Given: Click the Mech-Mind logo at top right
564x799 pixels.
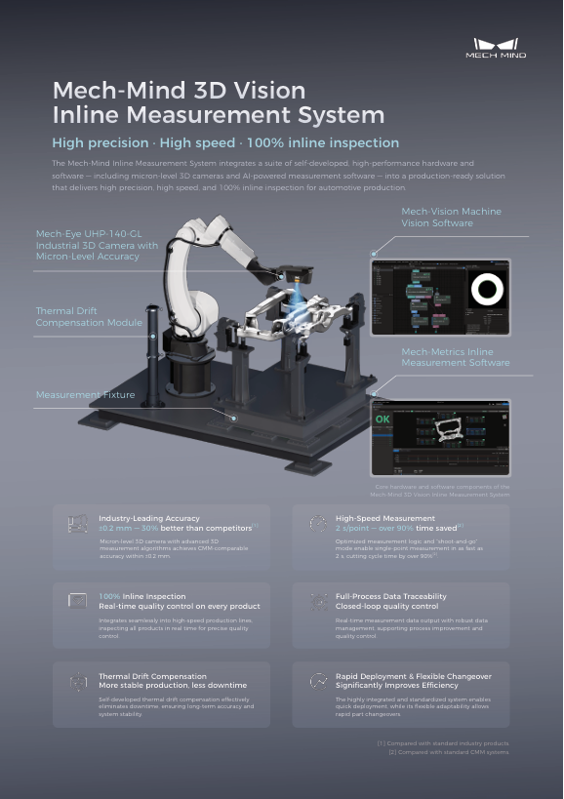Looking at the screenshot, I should (500, 48).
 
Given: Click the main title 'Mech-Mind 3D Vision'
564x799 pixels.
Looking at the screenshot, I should (179, 91).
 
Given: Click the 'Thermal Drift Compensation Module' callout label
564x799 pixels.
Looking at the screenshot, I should (89, 316).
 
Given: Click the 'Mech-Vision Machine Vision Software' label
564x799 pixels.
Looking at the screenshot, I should (451, 217).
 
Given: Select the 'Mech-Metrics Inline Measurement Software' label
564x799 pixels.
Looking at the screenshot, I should (455, 357).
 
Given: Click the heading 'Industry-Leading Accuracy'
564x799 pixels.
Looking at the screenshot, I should (149, 518).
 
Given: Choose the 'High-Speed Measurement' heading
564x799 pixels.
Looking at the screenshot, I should (384, 518).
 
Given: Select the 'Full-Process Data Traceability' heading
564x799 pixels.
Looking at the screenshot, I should (390, 595).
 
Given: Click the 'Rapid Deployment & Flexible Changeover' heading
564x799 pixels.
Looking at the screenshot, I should (413, 675).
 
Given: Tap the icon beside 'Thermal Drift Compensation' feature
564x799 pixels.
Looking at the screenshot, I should (78, 683).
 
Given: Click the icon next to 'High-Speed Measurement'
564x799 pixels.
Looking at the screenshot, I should (316, 525).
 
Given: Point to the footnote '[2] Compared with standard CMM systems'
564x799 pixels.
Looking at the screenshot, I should (449, 752).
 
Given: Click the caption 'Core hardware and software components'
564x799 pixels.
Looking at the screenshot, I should (442, 486).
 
